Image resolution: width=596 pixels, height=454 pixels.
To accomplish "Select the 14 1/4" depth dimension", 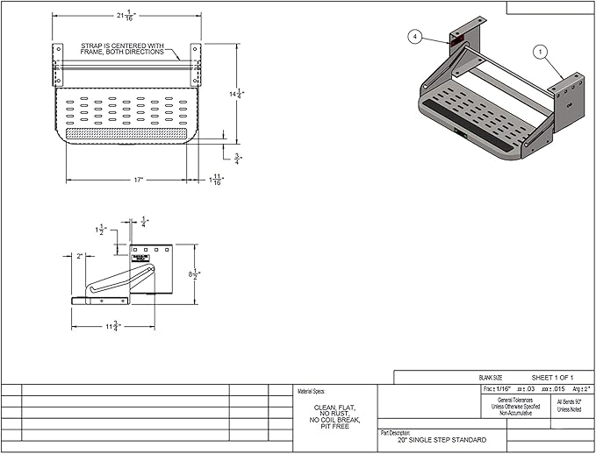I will (236, 93).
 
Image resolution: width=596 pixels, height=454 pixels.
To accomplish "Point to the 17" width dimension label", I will (128, 180).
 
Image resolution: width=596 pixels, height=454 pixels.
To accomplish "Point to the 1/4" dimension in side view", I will (145, 222).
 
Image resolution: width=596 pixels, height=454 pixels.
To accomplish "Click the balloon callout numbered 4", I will (414, 36).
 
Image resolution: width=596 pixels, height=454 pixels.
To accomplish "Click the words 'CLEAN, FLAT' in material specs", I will (334, 407).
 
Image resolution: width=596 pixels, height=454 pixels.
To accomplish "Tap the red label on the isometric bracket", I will (457, 39).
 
